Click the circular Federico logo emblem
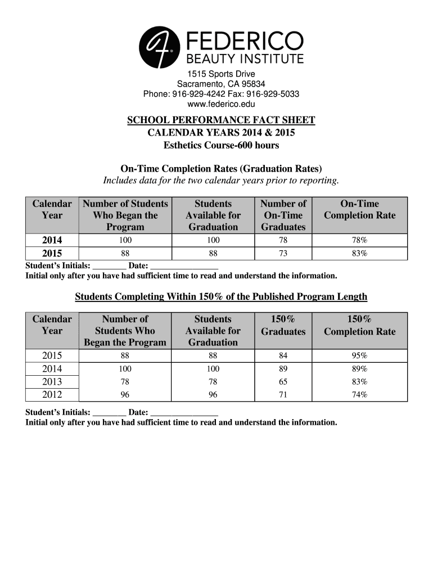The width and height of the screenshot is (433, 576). click(x=159, y=47)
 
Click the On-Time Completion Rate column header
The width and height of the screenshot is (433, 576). click(x=359, y=210)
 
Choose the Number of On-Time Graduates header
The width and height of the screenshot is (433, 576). click(x=283, y=215)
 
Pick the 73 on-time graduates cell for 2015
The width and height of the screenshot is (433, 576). click(x=283, y=254)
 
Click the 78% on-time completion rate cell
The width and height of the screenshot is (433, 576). click(x=359, y=241)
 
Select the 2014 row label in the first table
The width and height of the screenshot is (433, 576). click(x=52, y=241)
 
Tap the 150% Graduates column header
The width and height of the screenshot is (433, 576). click(x=283, y=325)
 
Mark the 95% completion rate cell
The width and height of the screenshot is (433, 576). click(x=359, y=355)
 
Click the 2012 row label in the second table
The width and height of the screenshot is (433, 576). click(x=52, y=395)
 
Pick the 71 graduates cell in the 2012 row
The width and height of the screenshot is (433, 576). click(x=283, y=395)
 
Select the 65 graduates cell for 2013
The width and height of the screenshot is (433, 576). click(x=283, y=382)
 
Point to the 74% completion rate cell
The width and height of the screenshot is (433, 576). click(x=359, y=395)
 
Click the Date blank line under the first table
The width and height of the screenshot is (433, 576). click(x=184, y=266)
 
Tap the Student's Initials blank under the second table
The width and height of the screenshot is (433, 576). click(x=109, y=413)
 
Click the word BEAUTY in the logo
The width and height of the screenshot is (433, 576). click(x=211, y=58)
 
